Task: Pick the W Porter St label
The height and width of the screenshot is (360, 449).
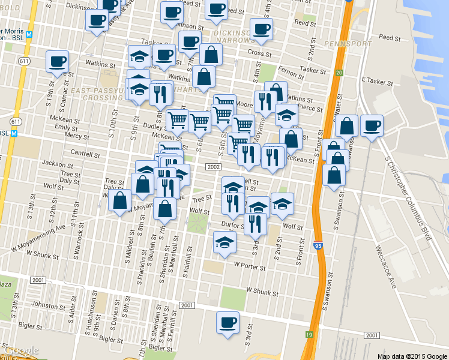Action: click(250, 264)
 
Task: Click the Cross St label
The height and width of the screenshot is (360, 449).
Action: click(259, 53)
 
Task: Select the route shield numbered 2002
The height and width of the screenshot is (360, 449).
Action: click(214, 166)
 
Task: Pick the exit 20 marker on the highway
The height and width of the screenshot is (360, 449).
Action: click(339, 73)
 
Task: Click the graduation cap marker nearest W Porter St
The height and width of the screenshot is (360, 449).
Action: click(224, 242)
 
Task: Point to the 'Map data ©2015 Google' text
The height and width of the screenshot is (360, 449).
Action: click(411, 355)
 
